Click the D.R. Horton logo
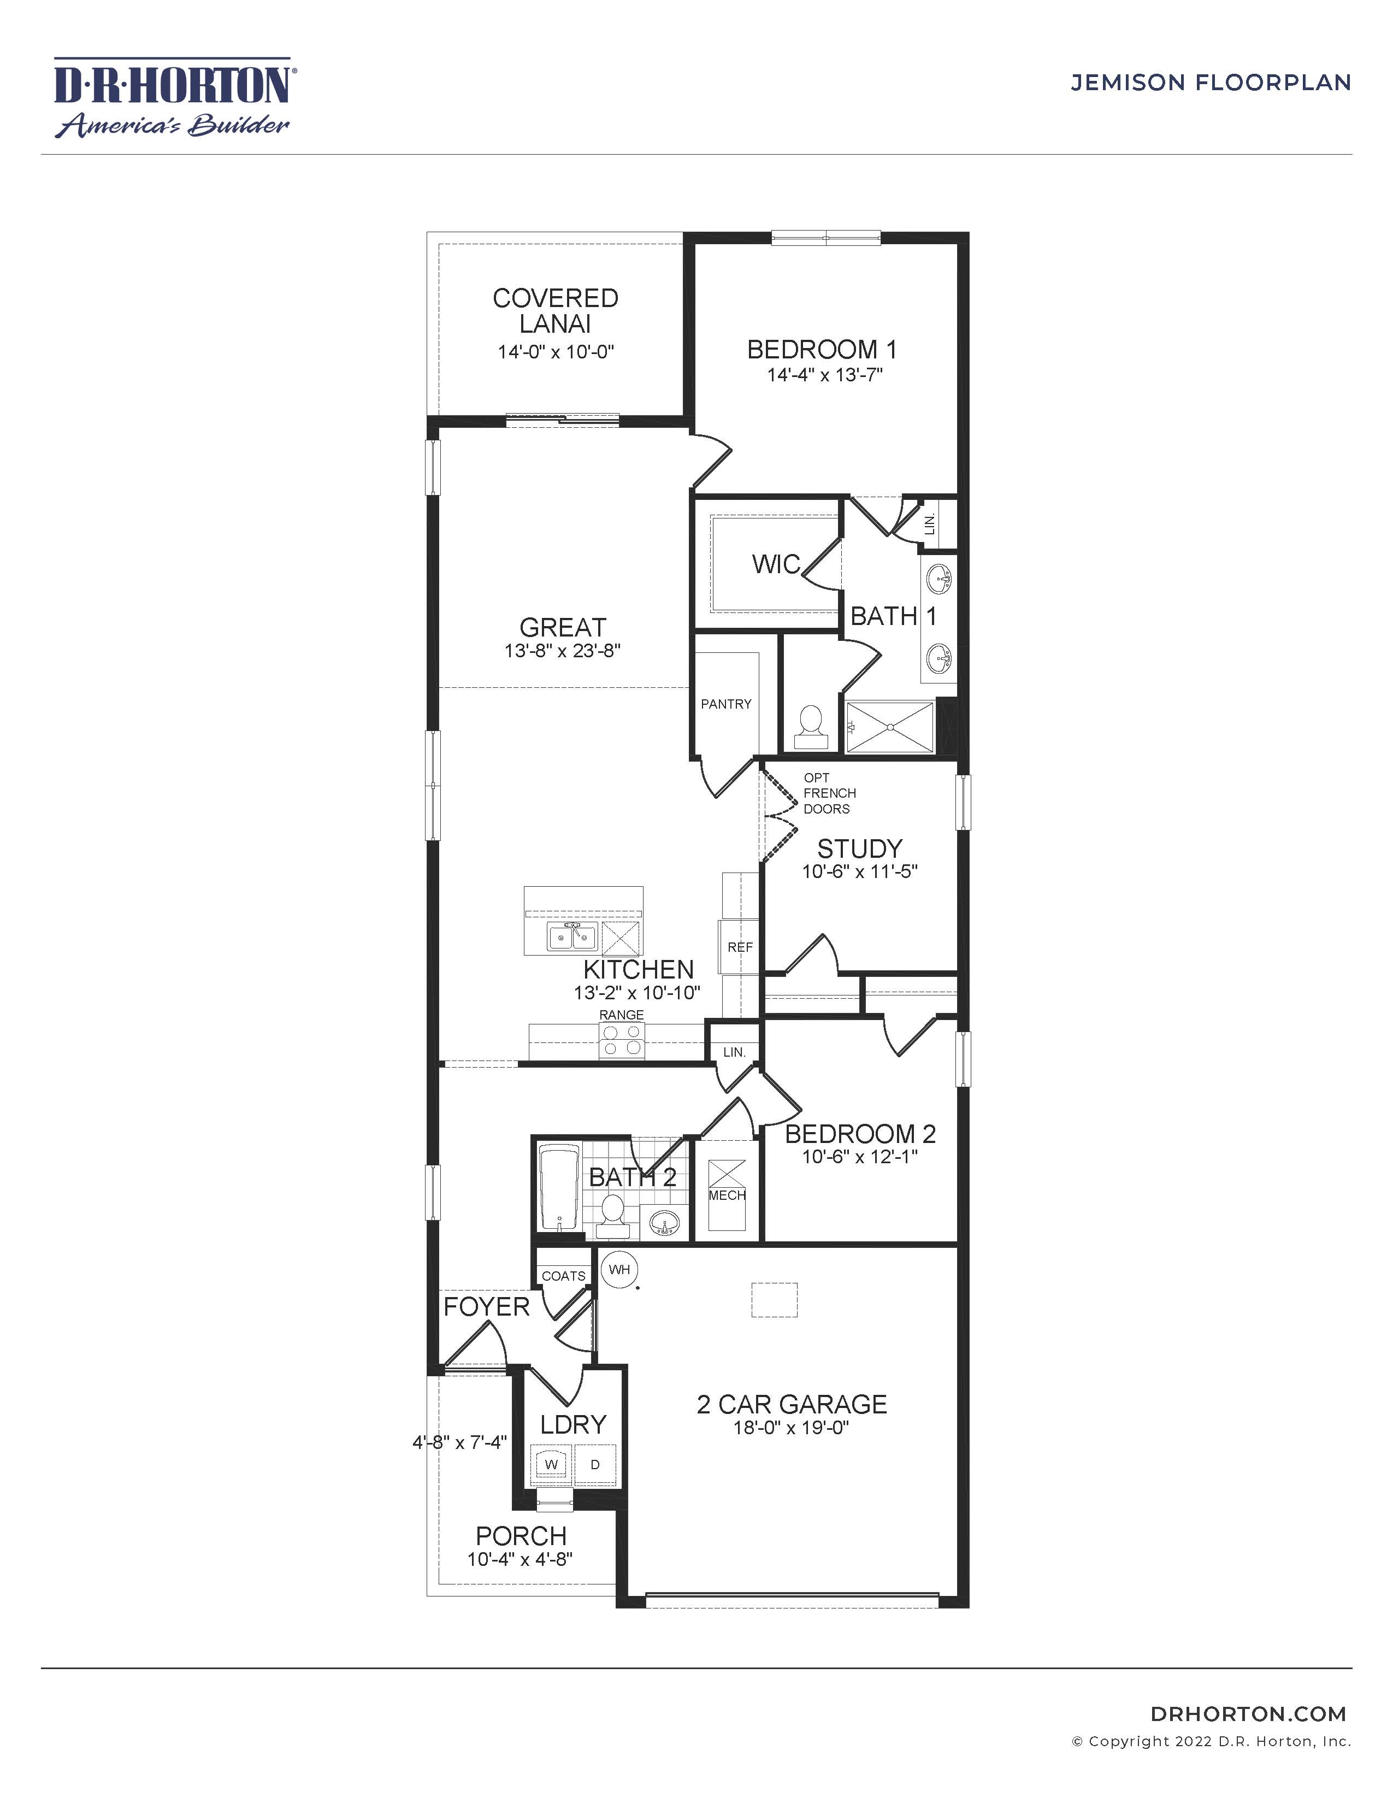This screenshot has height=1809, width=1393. click(x=172, y=97)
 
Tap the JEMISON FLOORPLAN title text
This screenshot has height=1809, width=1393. click(x=1211, y=83)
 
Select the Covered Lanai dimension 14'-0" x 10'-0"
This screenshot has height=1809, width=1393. click(x=555, y=351)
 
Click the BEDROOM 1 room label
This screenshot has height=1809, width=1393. click(x=822, y=350)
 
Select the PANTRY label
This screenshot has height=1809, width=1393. click(x=725, y=704)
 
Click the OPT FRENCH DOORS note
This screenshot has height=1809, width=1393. click(x=829, y=793)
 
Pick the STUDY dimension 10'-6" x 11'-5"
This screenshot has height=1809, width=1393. click(x=860, y=871)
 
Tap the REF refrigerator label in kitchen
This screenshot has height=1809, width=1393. click(x=740, y=947)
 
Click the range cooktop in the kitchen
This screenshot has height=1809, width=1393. click(x=622, y=1040)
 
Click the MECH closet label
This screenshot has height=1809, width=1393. click(x=727, y=1195)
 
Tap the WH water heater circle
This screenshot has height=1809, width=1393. click(x=619, y=1269)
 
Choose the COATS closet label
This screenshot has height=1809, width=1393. click(x=563, y=1276)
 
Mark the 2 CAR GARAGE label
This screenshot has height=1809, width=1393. click(x=792, y=1404)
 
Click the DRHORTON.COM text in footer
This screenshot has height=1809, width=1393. click(x=1249, y=1714)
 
